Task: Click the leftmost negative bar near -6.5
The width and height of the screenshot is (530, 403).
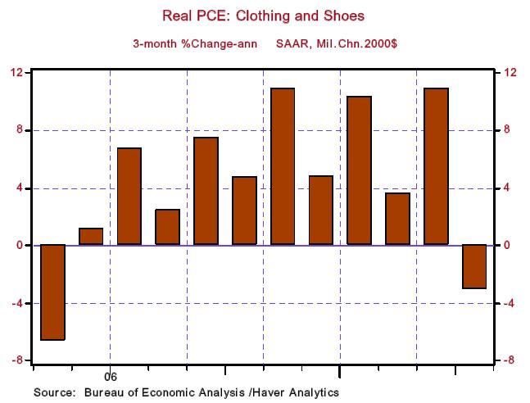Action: pyautogui.click(x=52, y=292)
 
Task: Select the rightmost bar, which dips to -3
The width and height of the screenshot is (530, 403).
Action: pyautogui.click(x=474, y=266)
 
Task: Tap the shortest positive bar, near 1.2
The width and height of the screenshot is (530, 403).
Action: pyautogui.click(x=91, y=237)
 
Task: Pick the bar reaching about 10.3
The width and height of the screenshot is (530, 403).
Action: pyautogui.click(x=360, y=170)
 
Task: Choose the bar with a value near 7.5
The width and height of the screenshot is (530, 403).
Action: pyautogui.click(x=206, y=191)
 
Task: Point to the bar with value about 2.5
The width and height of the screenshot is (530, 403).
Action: pyautogui.click(x=168, y=227)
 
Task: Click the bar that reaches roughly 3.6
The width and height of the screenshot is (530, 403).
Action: pyautogui.click(x=397, y=219)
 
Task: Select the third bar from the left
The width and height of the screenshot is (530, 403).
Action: pyautogui.click(x=129, y=197)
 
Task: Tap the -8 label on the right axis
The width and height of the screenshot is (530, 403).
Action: pyautogui.click(x=509, y=361)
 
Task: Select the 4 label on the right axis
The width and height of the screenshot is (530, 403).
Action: pyautogui.click(x=507, y=188)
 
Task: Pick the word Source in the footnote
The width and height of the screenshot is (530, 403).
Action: pyautogui.click(x=53, y=392)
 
